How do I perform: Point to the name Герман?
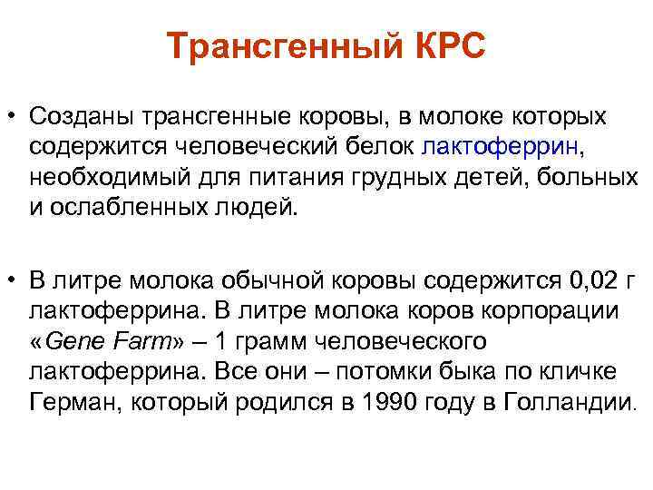tap(67, 400)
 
